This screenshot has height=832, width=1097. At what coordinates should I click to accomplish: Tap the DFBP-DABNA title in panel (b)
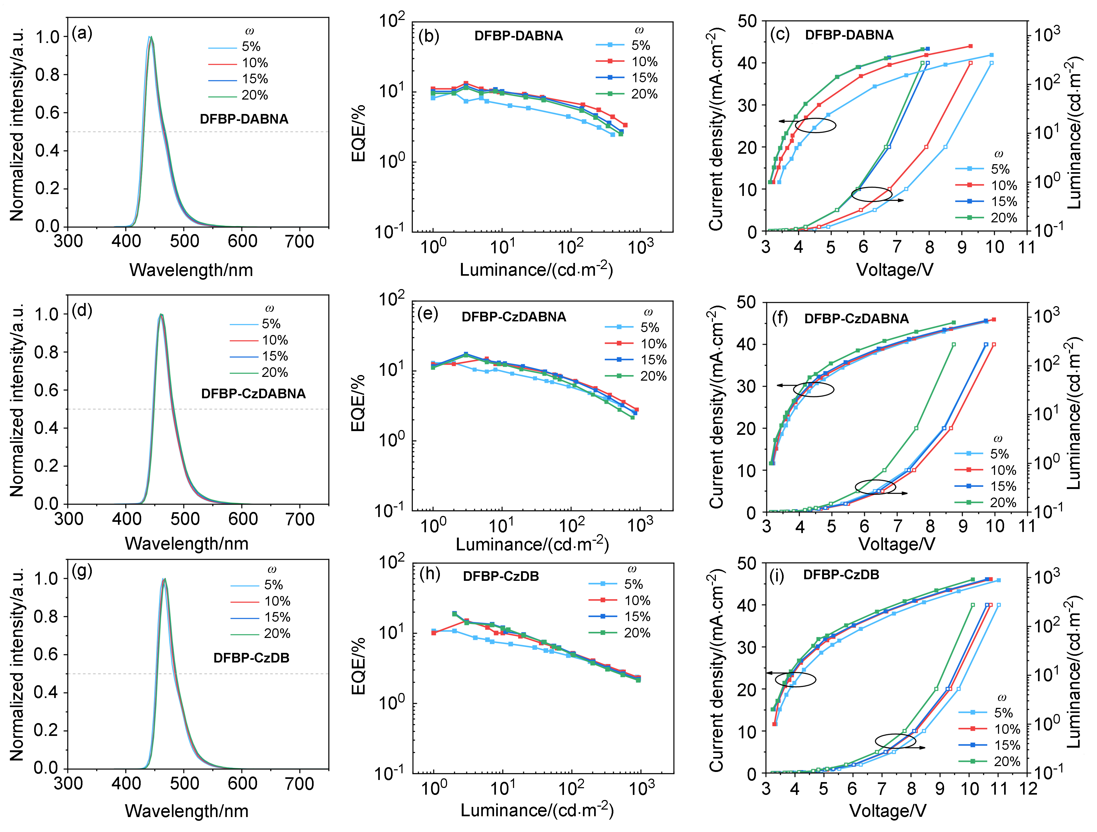tap(519, 36)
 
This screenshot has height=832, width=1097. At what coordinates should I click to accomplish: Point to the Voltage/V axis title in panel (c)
tap(895, 270)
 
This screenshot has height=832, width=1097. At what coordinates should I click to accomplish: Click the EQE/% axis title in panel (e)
tap(358, 403)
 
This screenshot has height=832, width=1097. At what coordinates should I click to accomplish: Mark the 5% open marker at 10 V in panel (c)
tap(991, 63)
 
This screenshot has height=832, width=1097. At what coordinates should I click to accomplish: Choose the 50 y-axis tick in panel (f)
tap(746, 302)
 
